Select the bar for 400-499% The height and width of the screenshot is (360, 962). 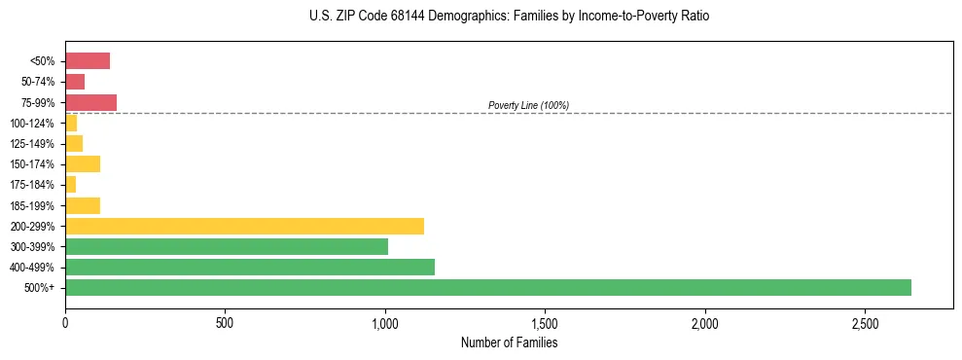[250, 267]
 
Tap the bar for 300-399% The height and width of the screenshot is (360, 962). [227, 246]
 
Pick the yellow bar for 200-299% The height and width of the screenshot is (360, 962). [244, 226]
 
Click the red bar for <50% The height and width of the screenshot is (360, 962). [88, 61]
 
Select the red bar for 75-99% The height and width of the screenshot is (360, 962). [90, 102]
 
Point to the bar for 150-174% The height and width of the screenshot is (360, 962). [83, 163]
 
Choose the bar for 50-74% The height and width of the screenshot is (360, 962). [75, 82]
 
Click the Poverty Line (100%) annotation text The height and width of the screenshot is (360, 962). [528, 105]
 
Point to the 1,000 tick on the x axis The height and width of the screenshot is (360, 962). [385, 322]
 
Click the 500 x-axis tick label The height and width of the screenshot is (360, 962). [225, 322]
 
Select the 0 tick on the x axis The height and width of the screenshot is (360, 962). [65, 322]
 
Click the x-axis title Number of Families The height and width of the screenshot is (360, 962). [509, 342]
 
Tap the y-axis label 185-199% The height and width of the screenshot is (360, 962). [32, 205]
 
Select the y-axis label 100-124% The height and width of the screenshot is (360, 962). [32, 124]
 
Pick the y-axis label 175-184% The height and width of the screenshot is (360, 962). [32, 185]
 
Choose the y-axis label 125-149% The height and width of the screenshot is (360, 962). [32, 144]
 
